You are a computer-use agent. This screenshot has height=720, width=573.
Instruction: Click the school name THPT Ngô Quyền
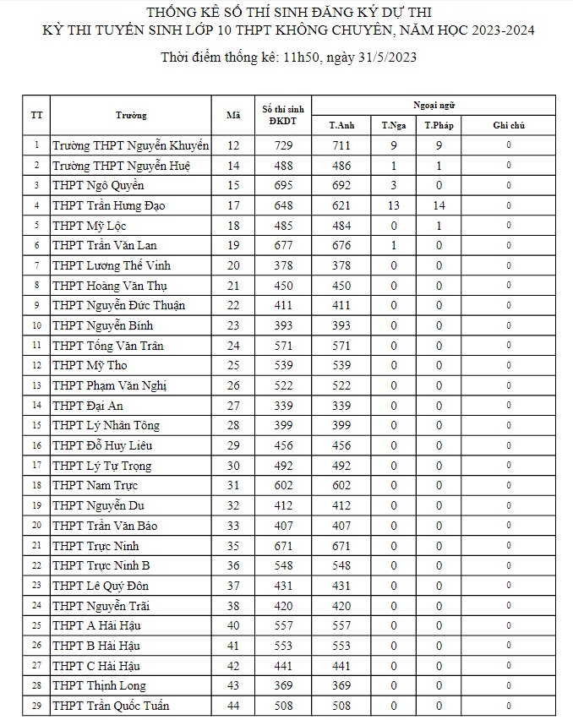point(98,185)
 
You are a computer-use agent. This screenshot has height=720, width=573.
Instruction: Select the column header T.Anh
point(341,125)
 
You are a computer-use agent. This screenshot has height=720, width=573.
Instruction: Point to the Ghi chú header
point(509,125)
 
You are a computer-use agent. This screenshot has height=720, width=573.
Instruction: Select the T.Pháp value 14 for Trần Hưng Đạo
point(439,205)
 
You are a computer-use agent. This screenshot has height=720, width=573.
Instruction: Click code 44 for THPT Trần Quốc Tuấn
point(233,706)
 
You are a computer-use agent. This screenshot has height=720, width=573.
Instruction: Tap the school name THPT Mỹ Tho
point(89,365)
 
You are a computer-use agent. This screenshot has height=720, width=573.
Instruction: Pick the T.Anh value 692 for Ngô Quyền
point(341,185)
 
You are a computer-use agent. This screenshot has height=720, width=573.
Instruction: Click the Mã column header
point(233,115)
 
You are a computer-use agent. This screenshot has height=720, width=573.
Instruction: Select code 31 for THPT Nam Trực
point(233,485)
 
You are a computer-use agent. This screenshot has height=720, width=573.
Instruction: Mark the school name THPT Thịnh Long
point(99,685)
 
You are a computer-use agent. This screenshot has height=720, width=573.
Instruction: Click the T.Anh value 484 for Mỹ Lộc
point(341,226)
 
